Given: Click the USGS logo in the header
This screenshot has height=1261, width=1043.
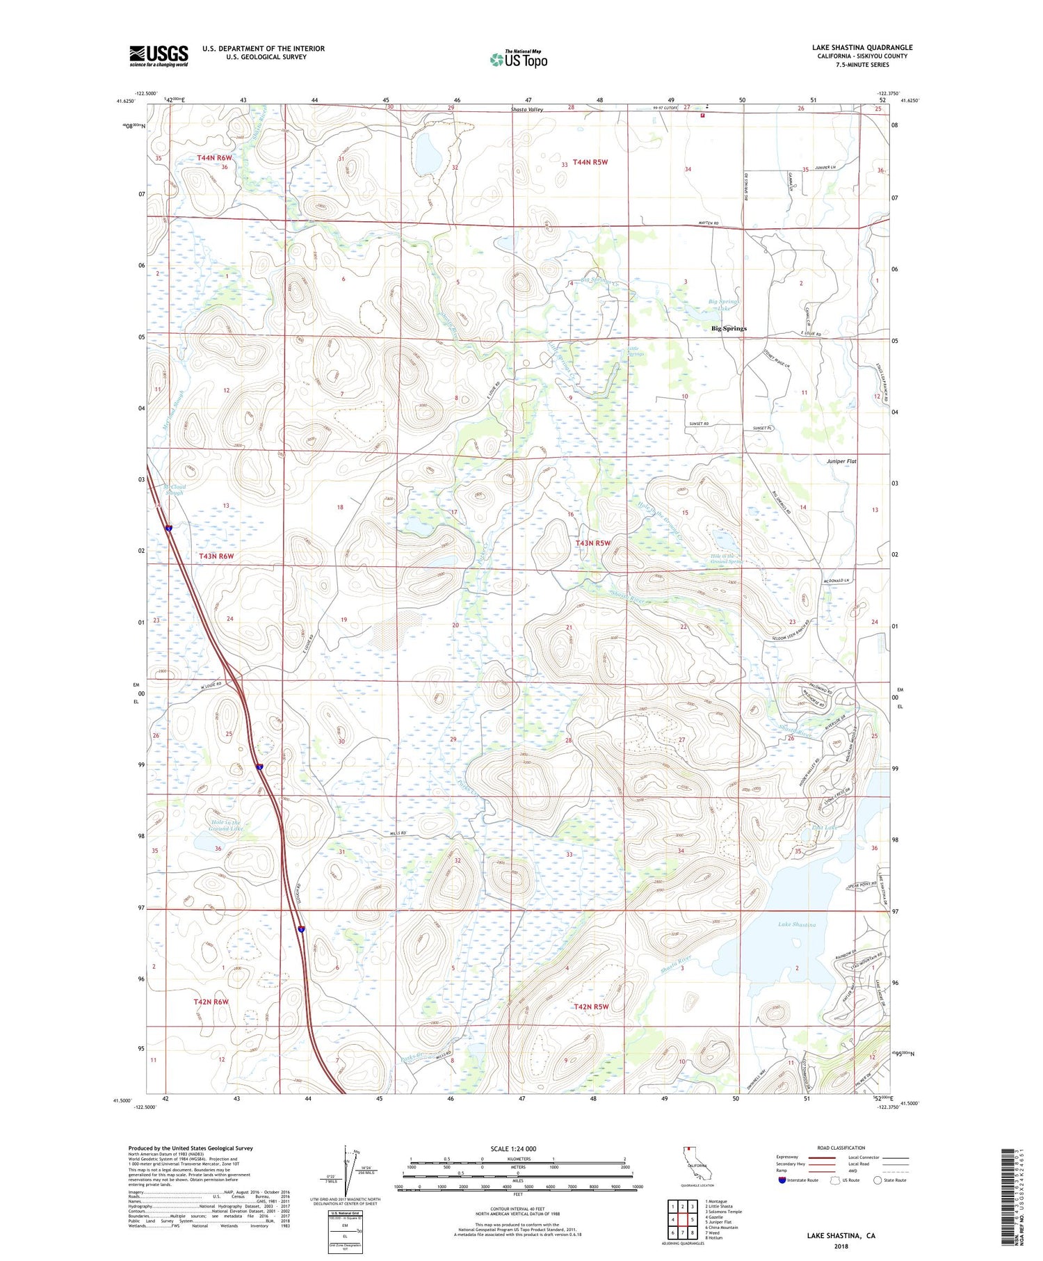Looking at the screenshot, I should point(159,56).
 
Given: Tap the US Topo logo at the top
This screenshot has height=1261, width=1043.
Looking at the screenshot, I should point(518,59).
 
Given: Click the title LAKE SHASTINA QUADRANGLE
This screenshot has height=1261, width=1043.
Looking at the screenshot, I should point(862,47).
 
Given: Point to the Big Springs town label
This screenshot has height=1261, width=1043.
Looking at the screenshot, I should point(728,328).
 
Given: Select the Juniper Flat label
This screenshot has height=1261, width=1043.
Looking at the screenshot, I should point(841,461).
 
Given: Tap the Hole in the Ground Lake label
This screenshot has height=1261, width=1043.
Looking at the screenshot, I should point(227,826).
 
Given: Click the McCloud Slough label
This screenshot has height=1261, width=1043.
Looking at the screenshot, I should point(175,490).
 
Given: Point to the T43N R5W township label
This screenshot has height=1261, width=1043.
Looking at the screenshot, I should point(592,543).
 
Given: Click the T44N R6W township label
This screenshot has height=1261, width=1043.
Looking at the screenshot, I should point(214,158).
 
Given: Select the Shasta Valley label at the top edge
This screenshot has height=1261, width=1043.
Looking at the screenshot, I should point(527,110).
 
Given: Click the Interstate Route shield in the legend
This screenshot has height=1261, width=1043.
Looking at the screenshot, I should point(782,1180).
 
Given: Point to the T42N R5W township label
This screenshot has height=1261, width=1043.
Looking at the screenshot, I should point(591,1006).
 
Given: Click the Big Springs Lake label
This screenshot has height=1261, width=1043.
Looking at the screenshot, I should point(724,305).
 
